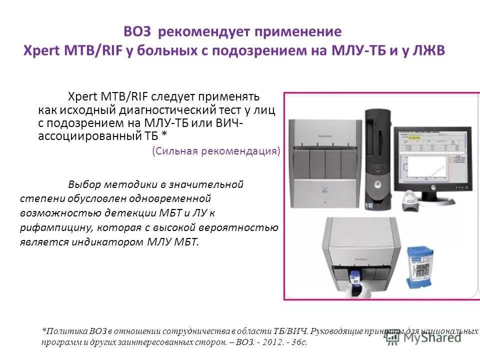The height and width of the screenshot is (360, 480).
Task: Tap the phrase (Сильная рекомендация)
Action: (x=216, y=151)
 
